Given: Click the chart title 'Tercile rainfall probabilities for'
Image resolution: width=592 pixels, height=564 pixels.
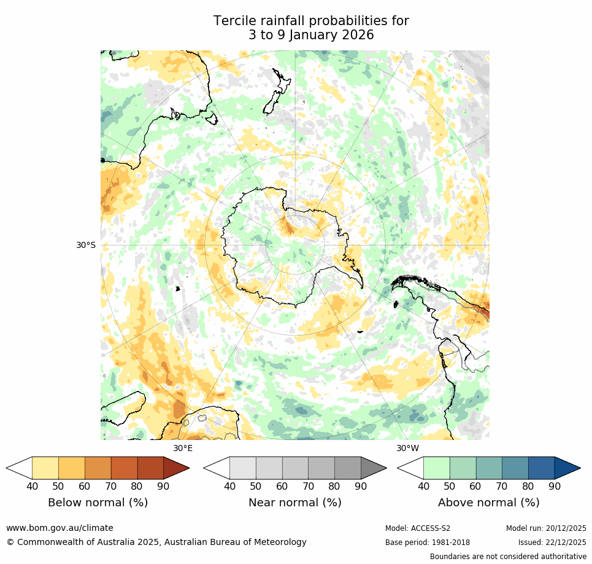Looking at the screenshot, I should point(311,21).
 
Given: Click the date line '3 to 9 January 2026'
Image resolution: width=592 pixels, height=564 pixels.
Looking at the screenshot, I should point(311,36).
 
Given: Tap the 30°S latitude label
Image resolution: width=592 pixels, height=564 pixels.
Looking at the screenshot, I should point(86,245).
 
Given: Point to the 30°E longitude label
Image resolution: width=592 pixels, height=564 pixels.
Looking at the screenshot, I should point(182,448).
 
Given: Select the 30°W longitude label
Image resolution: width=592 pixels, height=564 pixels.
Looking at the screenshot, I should point(407,448).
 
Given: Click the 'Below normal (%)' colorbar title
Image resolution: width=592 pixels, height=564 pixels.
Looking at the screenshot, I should point(98,503).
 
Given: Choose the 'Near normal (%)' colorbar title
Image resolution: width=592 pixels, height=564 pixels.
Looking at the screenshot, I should point(294,503).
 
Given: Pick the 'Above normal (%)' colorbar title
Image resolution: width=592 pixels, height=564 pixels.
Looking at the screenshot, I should point(488,503).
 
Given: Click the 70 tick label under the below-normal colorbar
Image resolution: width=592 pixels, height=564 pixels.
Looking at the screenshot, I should point(111,487).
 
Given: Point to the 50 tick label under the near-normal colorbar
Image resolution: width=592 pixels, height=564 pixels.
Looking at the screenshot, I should point(256,487).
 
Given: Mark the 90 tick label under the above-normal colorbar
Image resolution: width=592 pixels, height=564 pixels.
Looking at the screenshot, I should point(555,487).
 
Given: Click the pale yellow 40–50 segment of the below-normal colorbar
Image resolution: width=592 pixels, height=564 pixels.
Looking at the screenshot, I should point(45,468).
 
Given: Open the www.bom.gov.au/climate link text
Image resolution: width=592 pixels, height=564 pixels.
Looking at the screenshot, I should point(60,528).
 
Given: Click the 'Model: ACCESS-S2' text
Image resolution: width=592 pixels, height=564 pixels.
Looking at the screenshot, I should point(417,528).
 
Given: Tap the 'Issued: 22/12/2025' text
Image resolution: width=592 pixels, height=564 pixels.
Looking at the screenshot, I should point(552,543).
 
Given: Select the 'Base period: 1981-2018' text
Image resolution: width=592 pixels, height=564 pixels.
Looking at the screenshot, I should point(427,543).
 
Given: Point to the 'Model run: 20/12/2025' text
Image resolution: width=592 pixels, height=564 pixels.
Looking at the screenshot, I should point(546,528).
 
